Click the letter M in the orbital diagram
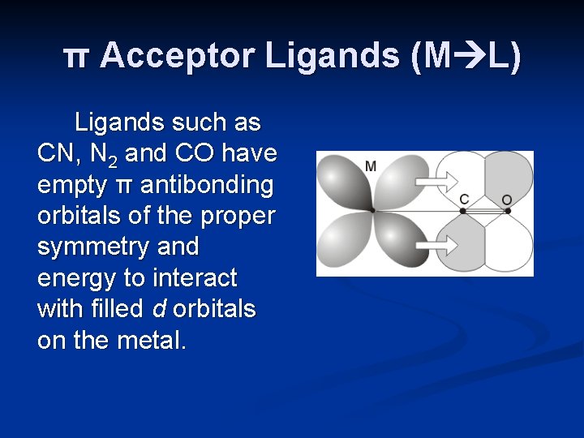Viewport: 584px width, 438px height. click(x=371, y=166)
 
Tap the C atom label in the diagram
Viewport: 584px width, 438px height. click(x=464, y=199)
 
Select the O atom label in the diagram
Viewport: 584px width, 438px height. click(x=507, y=200)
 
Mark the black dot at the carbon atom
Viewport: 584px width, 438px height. click(x=463, y=211)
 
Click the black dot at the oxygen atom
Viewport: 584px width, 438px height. click(x=508, y=211)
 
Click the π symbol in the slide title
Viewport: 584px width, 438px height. click(x=77, y=57)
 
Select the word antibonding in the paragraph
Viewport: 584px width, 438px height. click(x=208, y=185)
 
